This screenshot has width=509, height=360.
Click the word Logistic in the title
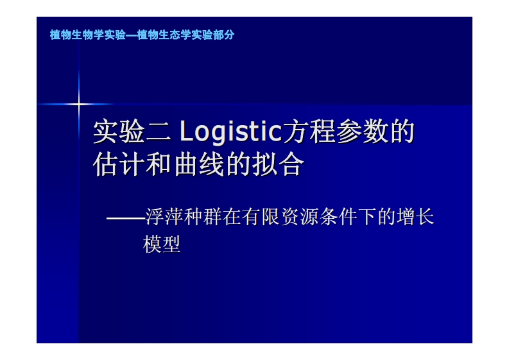tap(231, 132)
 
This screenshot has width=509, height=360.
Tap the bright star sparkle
tap(78, 103)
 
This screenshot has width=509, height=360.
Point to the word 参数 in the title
tap(365, 132)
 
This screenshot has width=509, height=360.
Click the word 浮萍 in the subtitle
tap(165, 217)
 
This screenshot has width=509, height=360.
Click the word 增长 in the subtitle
tap(415, 217)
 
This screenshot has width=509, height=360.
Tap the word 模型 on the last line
tap(162, 244)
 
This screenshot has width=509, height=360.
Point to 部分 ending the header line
tap(224, 35)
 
